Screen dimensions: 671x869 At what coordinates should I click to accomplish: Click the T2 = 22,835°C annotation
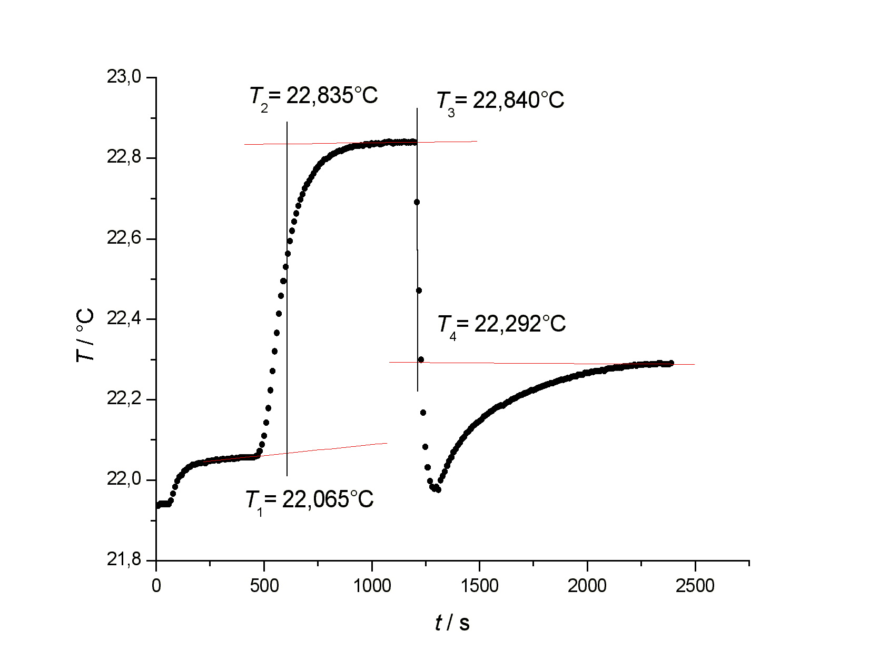[314, 97]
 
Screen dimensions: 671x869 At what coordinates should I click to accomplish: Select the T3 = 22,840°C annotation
[500, 101]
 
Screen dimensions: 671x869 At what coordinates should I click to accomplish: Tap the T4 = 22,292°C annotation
[501, 325]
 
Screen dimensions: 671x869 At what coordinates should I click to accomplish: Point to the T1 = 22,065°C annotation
[310, 500]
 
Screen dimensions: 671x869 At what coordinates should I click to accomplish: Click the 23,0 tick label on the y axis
[124, 77]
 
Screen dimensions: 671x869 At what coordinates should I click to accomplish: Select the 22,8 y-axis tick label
[124, 157]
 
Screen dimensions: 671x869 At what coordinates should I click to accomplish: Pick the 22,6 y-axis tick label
[124, 238]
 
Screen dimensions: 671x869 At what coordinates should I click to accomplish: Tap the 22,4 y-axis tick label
[124, 318]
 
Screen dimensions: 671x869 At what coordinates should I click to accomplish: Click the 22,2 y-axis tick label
[124, 399]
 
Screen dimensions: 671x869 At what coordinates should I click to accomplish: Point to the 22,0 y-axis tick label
[124, 479]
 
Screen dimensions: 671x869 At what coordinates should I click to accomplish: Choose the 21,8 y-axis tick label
[124, 560]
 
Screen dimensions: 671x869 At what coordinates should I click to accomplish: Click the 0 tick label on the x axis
[156, 586]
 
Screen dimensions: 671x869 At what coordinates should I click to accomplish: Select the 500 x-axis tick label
[264, 586]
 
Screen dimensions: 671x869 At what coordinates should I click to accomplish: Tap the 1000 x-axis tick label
[372, 586]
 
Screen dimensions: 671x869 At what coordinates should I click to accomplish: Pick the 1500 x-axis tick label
[479, 586]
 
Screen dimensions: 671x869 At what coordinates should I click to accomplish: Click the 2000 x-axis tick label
[587, 586]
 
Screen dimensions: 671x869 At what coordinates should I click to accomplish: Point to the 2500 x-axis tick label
[695, 586]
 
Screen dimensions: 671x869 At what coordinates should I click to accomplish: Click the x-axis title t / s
[452, 623]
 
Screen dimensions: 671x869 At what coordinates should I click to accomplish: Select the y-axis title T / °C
[85, 335]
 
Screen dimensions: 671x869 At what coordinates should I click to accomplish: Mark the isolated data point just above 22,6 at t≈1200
[417, 202]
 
